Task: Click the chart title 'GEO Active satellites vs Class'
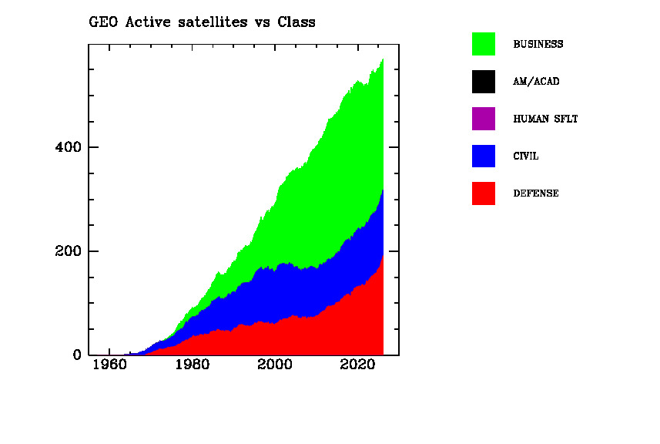click(x=203, y=22)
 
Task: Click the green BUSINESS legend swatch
click(x=484, y=44)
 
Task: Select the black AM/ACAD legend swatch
click(x=484, y=81)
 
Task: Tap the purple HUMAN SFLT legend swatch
click(x=484, y=119)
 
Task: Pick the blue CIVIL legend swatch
click(x=484, y=156)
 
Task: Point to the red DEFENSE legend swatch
click(x=484, y=193)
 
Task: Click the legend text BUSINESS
click(x=538, y=45)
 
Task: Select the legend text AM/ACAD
click(x=536, y=82)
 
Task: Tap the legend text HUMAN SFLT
click(x=545, y=119)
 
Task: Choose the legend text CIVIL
click(x=526, y=156)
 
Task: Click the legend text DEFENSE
click(x=536, y=194)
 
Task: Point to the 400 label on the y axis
click(x=68, y=147)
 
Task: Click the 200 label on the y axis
click(x=68, y=251)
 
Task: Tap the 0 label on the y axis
click(x=76, y=355)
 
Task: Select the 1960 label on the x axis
click(x=109, y=365)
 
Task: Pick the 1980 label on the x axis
click(x=192, y=365)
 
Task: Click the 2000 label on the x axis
click(x=275, y=365)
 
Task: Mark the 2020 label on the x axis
click(x=357, y=365)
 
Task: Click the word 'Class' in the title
click(x=296, y=22)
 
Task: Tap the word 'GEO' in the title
click(x=102, y=22)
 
